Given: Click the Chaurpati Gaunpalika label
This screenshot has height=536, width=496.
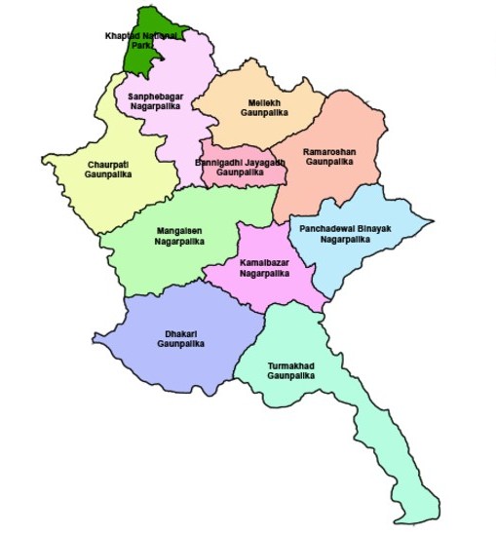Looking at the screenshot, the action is pos(107,169).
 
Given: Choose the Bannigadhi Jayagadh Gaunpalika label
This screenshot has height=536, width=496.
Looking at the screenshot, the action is pos(240,168).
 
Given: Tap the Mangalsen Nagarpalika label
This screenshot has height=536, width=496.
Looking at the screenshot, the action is pos(179,236).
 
